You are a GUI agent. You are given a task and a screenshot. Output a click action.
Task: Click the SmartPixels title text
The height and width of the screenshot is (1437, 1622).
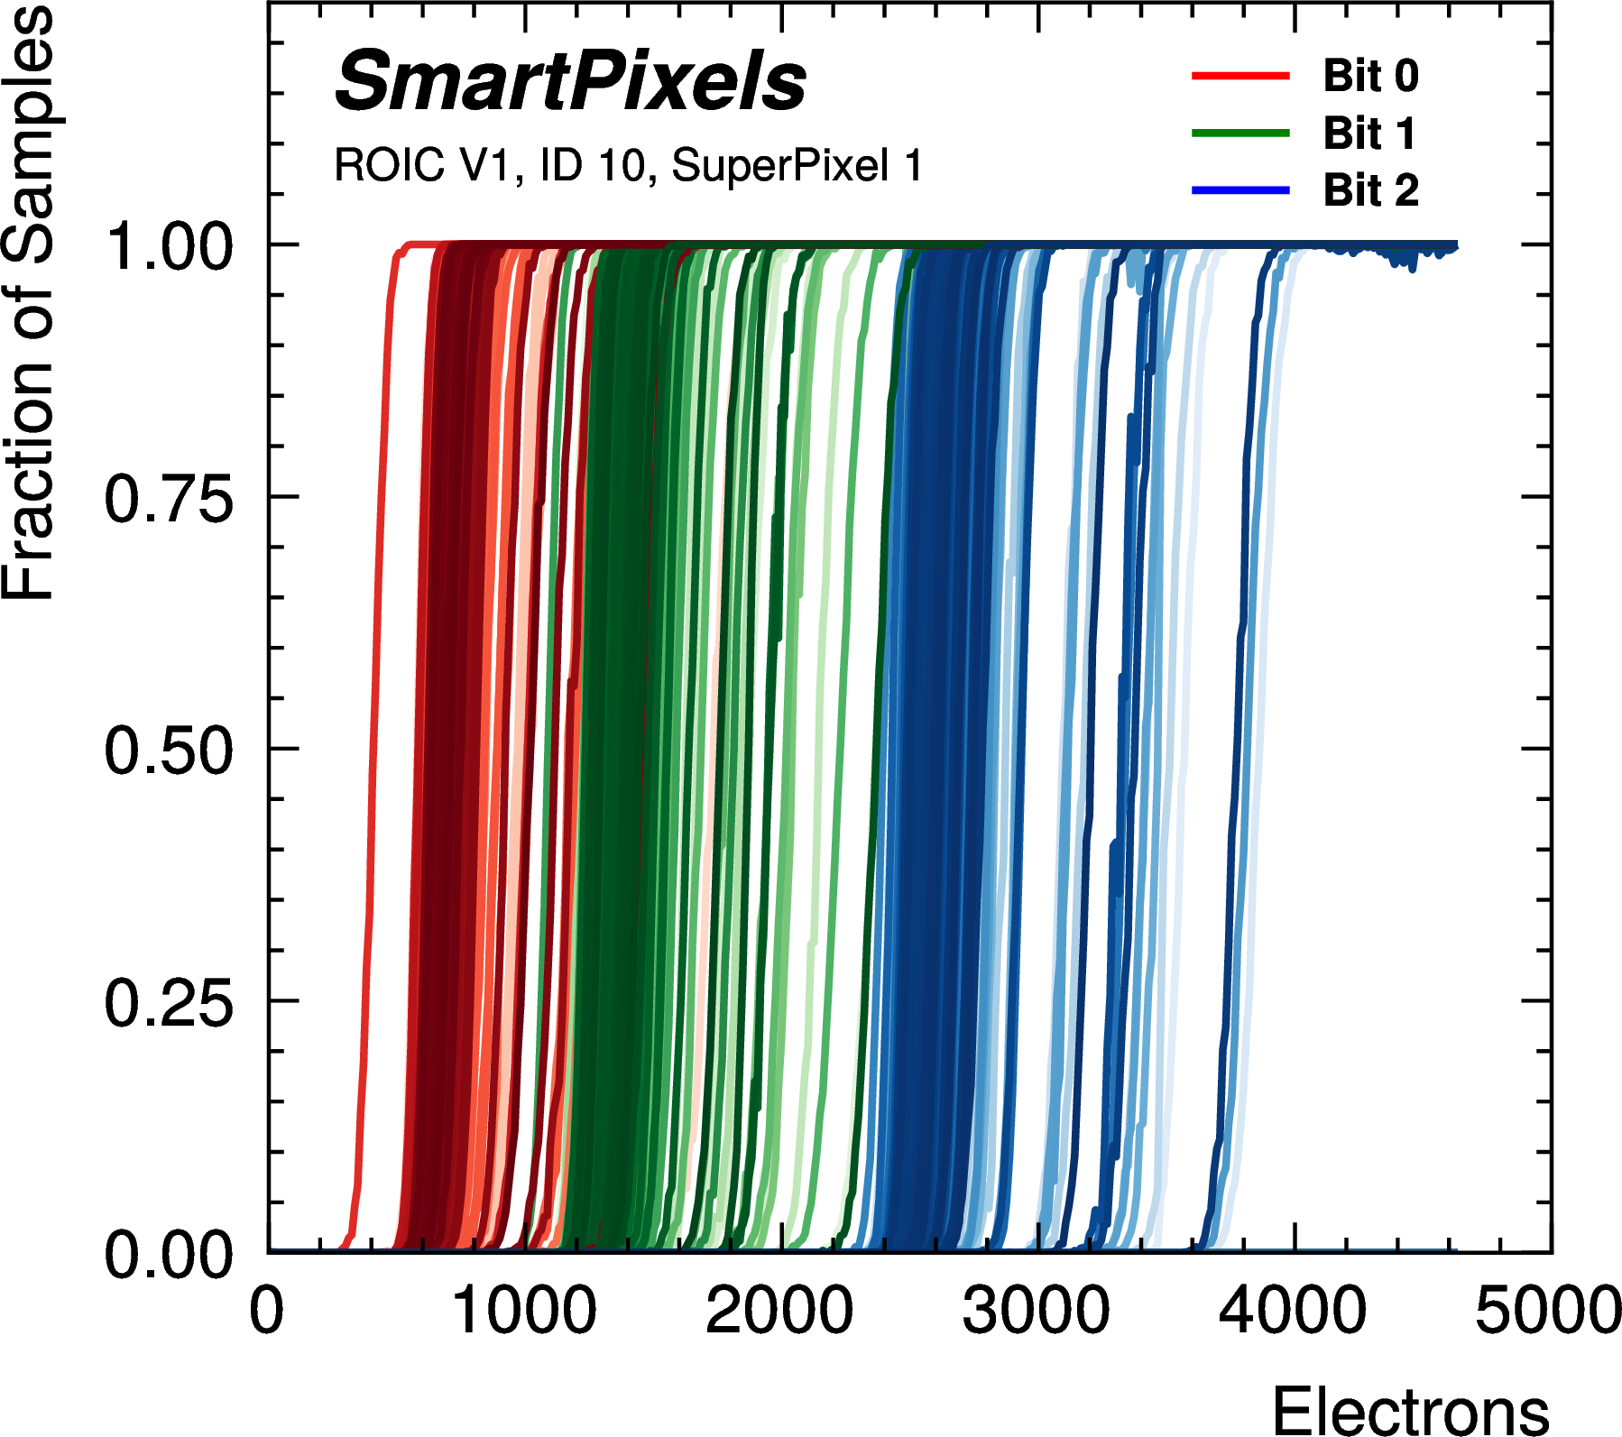click(x=570, y=83)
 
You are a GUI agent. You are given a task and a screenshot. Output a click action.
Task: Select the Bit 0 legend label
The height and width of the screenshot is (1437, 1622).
click(x=1370, y=76)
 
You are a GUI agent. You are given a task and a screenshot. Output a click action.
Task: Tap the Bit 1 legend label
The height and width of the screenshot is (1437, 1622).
click(x=1369, y=134)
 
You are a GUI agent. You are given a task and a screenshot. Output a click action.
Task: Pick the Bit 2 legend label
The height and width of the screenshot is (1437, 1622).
click(x=1370, y=190)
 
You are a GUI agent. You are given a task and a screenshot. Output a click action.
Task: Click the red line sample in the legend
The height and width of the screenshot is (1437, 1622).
click(x=1240, y=76)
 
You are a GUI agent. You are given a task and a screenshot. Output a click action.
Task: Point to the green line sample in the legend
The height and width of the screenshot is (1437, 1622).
click(x=1240, y=134)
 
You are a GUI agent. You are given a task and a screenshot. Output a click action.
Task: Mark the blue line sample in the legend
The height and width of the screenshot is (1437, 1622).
click(x=1240, y=190)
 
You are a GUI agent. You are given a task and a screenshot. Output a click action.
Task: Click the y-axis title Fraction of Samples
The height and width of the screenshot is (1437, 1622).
click(x=29, y=302)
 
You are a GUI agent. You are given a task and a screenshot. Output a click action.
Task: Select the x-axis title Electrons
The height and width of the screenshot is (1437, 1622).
click(x=1410, y=1409)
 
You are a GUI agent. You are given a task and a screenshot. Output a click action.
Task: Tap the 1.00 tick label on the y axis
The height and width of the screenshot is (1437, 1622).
click(x=169, y=246)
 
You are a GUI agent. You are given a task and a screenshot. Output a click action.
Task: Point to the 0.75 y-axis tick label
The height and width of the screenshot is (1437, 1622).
click(x=169, y=499)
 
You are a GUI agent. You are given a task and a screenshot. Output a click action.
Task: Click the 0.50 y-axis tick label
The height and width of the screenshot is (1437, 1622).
click(x=169, y=751)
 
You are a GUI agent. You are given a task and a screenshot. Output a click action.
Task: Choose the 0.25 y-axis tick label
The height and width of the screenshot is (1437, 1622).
click(x=169, y=1002)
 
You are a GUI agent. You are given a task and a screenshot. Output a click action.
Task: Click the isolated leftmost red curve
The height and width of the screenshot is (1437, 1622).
click(x=373, y=749)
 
